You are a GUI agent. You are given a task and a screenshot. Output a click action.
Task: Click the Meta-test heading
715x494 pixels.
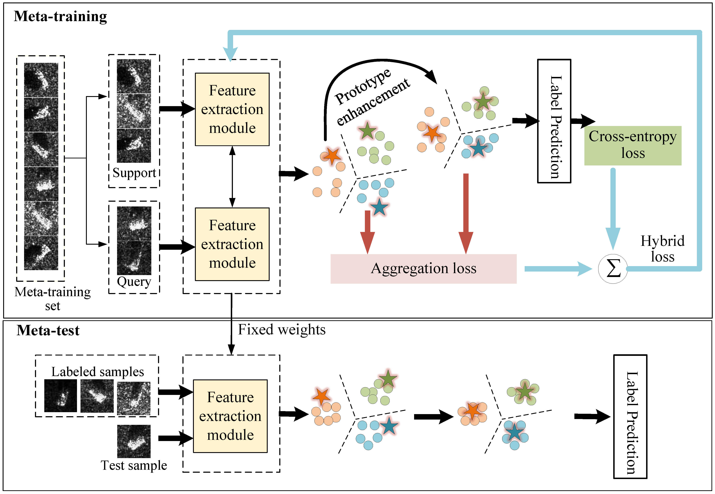(48, 331)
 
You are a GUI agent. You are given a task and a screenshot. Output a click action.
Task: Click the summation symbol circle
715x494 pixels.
(613, 269)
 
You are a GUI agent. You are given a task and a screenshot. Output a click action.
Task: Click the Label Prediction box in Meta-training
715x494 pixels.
(554, 121)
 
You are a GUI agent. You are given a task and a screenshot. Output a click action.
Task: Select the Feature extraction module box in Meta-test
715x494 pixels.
(230, 416)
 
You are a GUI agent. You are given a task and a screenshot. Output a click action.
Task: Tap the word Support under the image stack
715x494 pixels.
(134, 173)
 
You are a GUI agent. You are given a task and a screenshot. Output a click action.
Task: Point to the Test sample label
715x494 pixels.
(134, 465)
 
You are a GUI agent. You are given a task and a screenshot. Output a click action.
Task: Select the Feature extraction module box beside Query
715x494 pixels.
(232, 244)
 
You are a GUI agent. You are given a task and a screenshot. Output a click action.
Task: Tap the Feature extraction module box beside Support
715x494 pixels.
(232, 109)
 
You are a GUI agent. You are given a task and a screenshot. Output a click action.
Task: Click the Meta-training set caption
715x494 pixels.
(53, 298)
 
